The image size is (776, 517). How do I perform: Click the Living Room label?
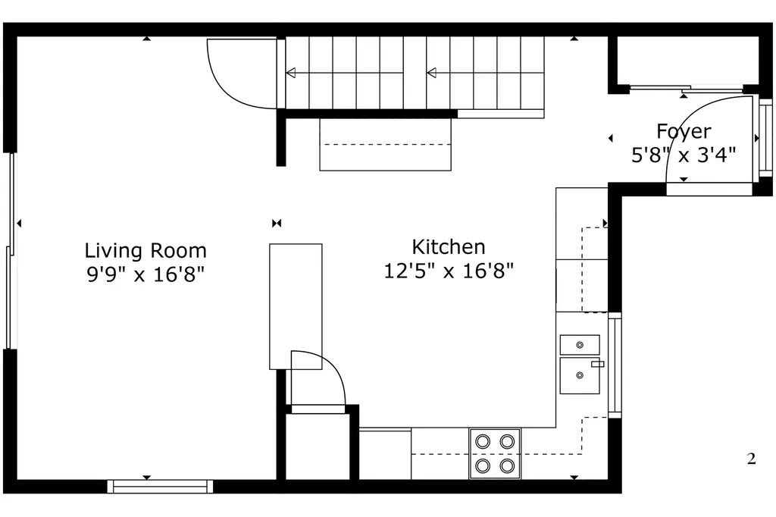point(145,251)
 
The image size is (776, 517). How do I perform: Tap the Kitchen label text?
point(449,246)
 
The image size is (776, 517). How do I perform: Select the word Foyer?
point(684,132)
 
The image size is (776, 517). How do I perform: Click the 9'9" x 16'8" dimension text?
point(145,274)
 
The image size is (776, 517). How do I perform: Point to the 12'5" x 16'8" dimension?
point(449,271)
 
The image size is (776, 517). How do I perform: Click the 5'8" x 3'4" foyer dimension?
point(684,155)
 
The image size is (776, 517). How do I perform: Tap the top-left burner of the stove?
point(483,440)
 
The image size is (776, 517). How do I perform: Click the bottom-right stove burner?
point(507,465)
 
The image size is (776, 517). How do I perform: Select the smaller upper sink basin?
point(580,345)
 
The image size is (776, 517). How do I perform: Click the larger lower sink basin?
point(580,376)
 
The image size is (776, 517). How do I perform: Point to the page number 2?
point(751,459)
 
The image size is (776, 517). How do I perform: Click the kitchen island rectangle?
point(296,306)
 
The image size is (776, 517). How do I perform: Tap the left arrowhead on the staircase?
point(290,74)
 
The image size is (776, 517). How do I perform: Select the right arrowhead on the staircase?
point(431,74)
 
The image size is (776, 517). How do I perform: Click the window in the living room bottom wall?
point(161,486)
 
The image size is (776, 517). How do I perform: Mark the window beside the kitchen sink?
point(615,365)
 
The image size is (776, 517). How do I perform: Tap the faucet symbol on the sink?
point(598,364)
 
